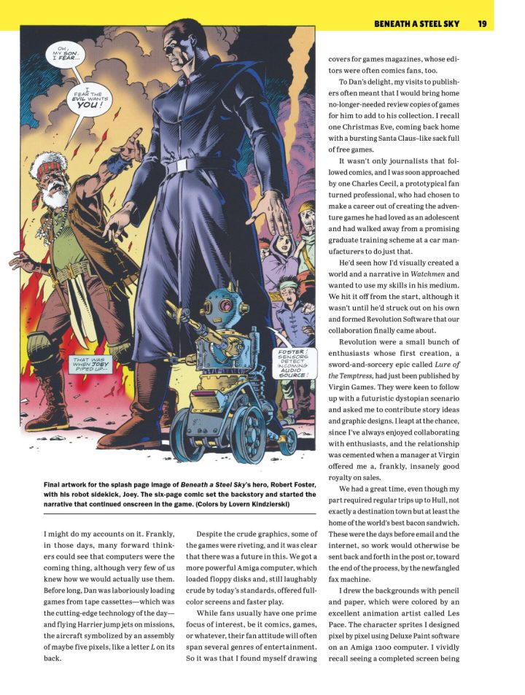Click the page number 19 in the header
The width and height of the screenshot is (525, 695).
(482, 24)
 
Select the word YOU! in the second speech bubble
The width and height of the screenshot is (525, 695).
(87, 104)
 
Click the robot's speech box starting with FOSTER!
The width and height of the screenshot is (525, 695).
(294, 363)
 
